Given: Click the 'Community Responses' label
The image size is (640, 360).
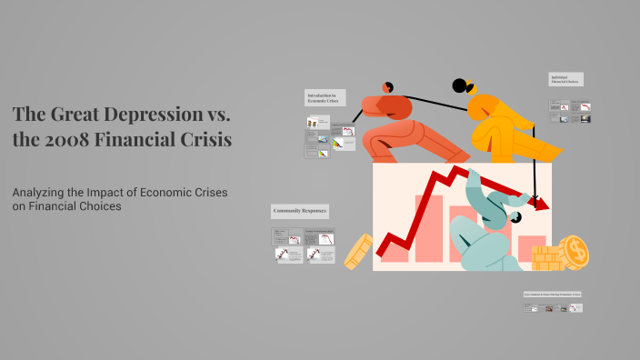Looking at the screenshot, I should tap(300, 211).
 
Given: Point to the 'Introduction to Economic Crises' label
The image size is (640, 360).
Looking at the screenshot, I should tap(325, 98).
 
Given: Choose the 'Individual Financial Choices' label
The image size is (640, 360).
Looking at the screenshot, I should tap(565, 80).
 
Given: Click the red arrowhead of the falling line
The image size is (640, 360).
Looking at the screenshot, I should tap(542, 204).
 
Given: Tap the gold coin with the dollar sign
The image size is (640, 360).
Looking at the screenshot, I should tap(574, 251).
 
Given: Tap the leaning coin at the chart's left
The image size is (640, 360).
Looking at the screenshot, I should tap(358, 251).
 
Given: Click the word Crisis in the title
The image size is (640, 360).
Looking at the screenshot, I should tap(205, 141).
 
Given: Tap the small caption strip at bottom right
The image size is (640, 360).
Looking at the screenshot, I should tap(552, 295).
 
